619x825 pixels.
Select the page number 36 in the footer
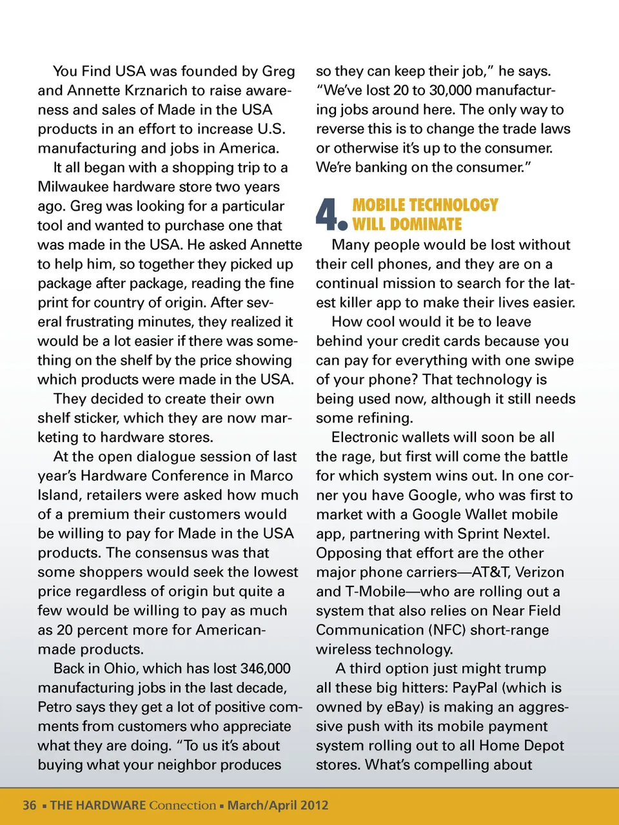pos(30,805)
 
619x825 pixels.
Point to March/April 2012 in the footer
pos(278,805)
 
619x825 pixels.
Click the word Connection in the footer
pos(182,805)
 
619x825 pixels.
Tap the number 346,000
pos(265,668)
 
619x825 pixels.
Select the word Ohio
pos(117,668)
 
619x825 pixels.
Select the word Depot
pos(540,746)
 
